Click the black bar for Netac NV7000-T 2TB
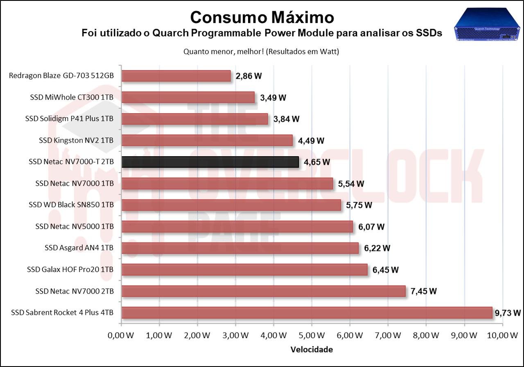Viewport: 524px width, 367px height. click(x=210, y=162)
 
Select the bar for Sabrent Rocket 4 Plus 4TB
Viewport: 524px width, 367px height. click(x=307, y=313)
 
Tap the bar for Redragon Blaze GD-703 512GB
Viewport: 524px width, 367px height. click(x=176, y=76)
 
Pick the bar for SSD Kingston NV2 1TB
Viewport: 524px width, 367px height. click(x=207, y=140)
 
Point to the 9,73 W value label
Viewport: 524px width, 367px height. click(x=508, y=313)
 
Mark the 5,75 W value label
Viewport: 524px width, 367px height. click(x=359, y=205)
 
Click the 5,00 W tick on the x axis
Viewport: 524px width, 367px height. click(x=312, y=335)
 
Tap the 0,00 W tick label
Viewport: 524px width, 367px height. click(x=121, y=335)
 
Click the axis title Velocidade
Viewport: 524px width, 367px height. click(x=312, y=350)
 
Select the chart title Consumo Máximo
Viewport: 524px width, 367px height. click(x=262, y=17)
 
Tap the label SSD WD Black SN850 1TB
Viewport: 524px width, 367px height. click(x=71, y=205)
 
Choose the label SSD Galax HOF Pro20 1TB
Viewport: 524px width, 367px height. click(x=70, y=269)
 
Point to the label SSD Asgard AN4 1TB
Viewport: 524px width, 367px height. click(x=79, y=248)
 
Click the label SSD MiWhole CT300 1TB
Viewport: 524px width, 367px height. click(x=72, y=98)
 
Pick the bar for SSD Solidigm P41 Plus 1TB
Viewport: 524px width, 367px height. click(x=195, y=119)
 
